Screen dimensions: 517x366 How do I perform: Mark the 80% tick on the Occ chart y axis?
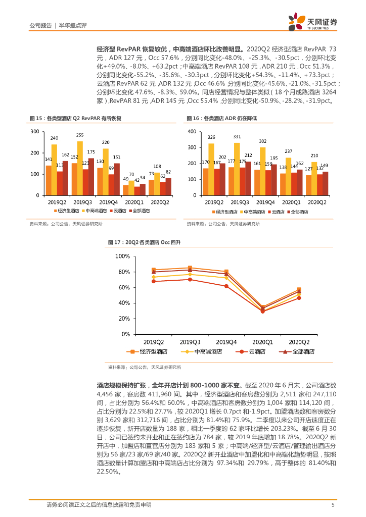[123, 272]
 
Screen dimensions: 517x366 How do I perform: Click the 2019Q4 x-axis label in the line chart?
[226, 341]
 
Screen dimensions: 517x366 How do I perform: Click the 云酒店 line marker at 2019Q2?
[154, 281]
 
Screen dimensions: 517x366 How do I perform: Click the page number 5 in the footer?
[333, 505]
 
